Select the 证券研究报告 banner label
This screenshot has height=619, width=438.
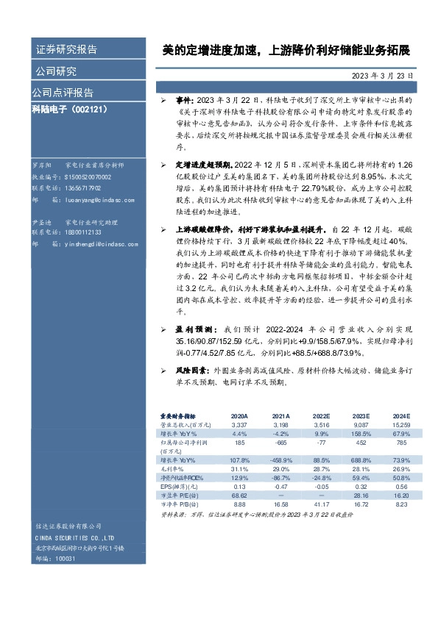click(66, 50)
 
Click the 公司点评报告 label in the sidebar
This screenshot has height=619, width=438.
click(63, 93)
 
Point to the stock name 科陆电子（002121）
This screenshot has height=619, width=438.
click(71, 109)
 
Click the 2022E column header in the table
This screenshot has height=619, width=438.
click(322, 415)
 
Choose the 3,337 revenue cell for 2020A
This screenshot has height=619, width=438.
click(239, 424)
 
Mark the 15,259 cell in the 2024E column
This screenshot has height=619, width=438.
click(400, 424)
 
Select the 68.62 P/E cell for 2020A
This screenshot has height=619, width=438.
click(239, 495)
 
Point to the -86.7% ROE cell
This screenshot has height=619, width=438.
click(280, 477)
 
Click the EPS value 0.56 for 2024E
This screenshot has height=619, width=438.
click(400, 486)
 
